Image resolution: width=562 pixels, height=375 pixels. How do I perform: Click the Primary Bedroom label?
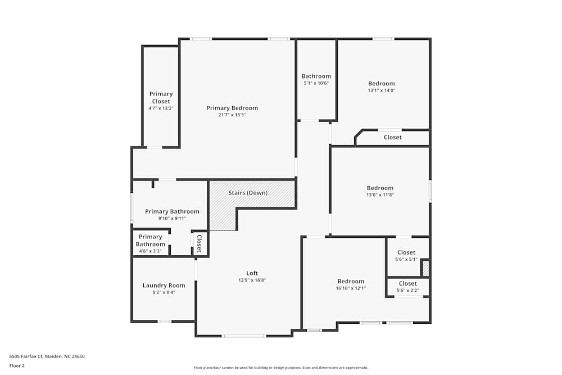(x=232, y=108)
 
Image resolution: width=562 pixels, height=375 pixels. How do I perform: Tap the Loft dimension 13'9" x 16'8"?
(x=252, y=280)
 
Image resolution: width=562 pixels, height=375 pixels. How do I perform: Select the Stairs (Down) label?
(x=248, y=193)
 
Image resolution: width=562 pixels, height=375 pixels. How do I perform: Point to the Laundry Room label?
(x=164, y=286)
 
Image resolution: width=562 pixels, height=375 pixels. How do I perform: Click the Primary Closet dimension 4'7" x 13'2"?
(x=161, y=108)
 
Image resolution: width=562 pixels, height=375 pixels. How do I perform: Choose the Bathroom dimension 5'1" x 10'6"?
(x=316, y=83)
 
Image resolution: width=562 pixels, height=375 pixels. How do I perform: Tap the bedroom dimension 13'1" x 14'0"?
(x=382, y=91)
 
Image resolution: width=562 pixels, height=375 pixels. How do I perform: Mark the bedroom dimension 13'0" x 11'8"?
(x=380, y=195)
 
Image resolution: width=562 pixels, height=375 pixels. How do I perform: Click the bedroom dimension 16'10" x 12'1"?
(x=351, y=288)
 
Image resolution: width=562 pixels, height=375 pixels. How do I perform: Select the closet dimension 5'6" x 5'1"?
(x=406, y=259)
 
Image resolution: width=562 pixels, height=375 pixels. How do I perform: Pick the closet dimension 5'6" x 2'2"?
(x=407, y=290)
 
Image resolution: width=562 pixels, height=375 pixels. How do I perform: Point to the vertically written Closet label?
(x=199, y=243)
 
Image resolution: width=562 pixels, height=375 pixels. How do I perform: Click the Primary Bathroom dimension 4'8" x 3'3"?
(x=150, y=251)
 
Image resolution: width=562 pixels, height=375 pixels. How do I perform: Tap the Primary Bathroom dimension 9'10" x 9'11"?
(x=172, y=219)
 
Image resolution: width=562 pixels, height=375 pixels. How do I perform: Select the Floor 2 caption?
(x=17, y=365)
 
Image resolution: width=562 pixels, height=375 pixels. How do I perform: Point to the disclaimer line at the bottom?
(x=281, y=368)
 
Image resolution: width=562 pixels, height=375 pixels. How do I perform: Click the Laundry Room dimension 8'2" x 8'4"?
(x=163, y=292)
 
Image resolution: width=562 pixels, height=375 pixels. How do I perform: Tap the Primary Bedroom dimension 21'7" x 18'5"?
(x=232, y=115)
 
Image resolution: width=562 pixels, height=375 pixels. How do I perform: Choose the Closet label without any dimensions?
(x=393, y=137)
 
